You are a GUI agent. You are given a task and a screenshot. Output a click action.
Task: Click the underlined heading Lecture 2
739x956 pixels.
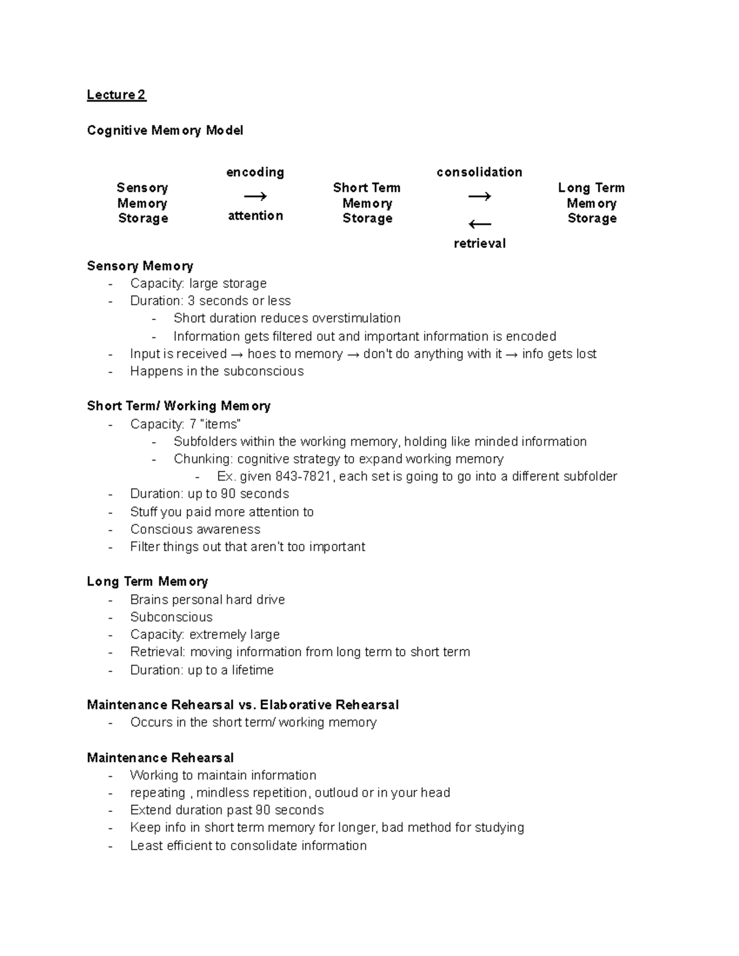point(116,95)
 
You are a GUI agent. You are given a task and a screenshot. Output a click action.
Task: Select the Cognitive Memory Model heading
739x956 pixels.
point(165,131)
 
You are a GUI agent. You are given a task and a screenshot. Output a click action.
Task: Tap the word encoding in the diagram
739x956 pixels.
point(255,172)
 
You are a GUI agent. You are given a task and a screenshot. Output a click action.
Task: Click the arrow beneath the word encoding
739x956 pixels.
point(255,196)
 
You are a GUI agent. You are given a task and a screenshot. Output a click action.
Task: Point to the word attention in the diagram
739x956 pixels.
point(256,215)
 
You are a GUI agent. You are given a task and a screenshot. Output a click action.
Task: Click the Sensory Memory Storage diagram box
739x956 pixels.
point(142,203)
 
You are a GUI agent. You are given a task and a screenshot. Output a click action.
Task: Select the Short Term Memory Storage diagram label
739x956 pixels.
point(367,203)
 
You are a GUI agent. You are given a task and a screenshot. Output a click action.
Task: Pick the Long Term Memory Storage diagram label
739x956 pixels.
point(591,203)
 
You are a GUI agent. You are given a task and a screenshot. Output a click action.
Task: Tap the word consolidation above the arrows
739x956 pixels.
point(479,172)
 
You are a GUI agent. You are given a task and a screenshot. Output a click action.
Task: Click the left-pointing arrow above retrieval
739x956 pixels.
point(479,225)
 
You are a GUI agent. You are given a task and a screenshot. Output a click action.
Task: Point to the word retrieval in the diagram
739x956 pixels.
point(479,244)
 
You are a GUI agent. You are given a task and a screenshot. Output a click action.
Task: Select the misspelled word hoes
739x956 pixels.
point(261,354)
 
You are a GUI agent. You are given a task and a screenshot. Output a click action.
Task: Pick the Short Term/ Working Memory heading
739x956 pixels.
point(179,406)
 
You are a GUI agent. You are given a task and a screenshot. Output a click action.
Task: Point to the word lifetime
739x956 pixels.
point(252,670)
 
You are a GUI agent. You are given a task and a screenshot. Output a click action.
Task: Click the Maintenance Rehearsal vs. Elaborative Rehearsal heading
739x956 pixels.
point(243,705)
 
